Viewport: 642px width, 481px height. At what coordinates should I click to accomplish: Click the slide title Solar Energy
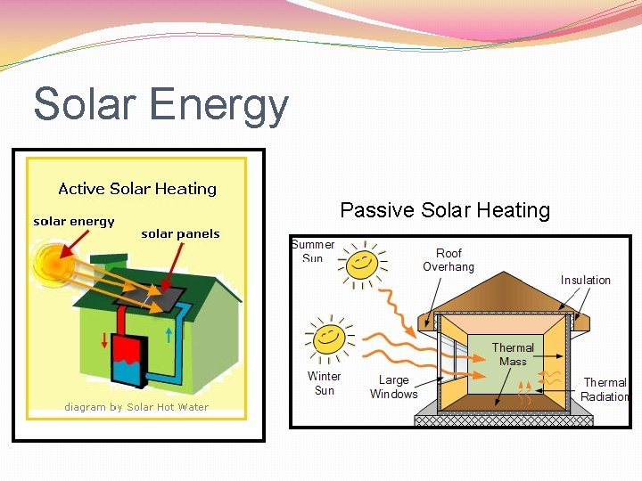[161, 104]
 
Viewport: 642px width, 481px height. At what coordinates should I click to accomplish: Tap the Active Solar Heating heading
[137, 189]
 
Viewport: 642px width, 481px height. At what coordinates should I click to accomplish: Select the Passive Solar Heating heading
[445, 210]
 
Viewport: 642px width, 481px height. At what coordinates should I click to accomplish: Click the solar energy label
[74, 221]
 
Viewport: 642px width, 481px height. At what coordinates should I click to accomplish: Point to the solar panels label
[180, 234]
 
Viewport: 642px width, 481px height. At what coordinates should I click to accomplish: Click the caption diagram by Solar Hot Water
[136, 407]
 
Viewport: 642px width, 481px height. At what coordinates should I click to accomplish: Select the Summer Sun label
[313, 250]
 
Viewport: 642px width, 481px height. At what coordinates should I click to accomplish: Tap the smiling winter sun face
[327, 337]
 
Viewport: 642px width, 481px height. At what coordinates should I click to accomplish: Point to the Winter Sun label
[324, 383]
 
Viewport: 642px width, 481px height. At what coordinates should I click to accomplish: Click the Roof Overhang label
[449, 260]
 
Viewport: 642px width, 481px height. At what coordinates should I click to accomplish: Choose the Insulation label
[586, 280]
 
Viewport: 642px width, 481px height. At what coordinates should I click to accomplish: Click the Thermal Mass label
[513, 355]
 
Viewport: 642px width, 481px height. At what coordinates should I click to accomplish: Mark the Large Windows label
[393, 387]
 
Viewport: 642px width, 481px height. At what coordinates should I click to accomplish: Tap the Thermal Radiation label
[605, 389]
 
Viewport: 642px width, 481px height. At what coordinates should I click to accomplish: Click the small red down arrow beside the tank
[104, 340]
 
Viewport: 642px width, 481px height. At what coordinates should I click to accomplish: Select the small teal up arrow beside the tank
[169, 336]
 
